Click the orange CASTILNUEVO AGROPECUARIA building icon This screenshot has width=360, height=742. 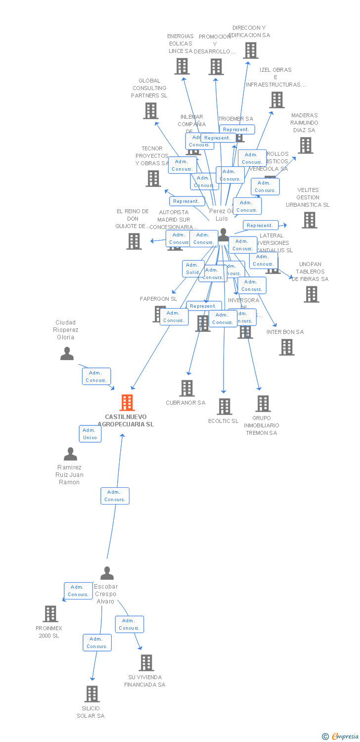coord(127,403)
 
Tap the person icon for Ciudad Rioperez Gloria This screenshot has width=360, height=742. coord(67,353)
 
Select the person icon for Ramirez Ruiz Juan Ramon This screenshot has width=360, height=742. coord(70,454)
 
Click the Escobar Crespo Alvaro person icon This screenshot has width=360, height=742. coord(107,573)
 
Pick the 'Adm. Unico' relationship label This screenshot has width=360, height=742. coord(90,434)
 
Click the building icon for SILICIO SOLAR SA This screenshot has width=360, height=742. coord(91,694)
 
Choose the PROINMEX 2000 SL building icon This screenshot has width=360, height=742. coord(50,613)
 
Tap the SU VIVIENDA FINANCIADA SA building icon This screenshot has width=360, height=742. coord(146,662)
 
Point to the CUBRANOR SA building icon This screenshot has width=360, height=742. coord(186,388)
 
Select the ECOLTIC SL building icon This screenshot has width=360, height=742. coord(224,406)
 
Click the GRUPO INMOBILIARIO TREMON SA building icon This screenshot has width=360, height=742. coord(263,403)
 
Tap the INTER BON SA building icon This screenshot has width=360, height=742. coord(286,347)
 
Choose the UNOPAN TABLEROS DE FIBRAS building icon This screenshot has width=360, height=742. coord(311,294)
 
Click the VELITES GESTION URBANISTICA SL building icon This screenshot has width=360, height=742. coord(309,220)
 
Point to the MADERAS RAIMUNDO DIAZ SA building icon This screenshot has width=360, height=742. coord(305,145)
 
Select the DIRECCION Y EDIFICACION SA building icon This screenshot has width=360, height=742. coord(250,50)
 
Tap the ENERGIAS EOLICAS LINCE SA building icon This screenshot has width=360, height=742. coord(181,66)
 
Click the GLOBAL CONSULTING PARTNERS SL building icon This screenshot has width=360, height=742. coord(150,110)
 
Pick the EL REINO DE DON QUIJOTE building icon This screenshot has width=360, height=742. coord(134,241)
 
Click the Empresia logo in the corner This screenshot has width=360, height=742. coord(340,737)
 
